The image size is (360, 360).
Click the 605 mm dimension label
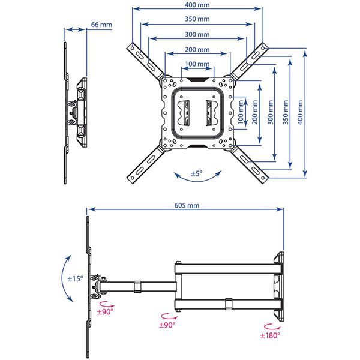187,205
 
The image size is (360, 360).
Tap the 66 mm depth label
101,25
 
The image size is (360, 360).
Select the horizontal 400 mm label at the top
197,5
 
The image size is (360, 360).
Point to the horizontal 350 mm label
197,19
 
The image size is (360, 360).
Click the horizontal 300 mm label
197,34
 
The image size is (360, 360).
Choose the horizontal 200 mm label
197,49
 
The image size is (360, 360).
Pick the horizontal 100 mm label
197,64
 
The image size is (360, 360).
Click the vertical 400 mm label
301,112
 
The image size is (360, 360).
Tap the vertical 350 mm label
286,112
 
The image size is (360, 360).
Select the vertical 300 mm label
271,112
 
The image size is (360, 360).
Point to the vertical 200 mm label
255,112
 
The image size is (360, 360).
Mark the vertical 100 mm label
241,112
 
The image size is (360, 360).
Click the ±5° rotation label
197,173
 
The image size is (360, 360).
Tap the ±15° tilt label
75,279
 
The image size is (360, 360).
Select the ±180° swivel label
270,335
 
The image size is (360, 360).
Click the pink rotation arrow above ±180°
272,327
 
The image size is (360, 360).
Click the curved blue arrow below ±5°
197,181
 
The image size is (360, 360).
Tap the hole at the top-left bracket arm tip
133,48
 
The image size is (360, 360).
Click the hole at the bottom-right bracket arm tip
263,178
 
